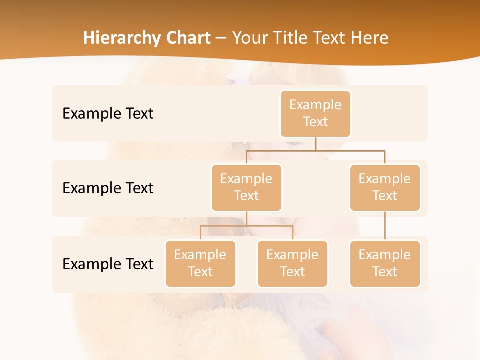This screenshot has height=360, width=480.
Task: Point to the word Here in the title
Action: coord(370,38)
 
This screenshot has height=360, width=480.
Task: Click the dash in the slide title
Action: coord(221,38)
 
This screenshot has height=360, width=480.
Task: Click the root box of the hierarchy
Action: coord(315,114)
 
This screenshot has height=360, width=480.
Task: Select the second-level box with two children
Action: coord(246,188)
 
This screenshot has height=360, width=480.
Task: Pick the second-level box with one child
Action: coord(385,188)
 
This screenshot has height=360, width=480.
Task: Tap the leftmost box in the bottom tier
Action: coord(200,264)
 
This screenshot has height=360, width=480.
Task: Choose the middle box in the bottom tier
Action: coord(292,264)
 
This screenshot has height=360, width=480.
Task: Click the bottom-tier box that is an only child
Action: coord(385,264)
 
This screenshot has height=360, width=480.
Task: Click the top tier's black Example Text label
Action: coord(108,114)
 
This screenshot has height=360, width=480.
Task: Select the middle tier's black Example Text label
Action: coord(108,188)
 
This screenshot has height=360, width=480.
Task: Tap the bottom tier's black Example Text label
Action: coord(108,264)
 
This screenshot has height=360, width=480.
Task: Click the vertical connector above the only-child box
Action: coord(385,226)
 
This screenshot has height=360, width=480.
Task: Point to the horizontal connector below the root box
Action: coord(315,150)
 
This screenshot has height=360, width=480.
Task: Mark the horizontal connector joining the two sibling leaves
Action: coord(246,226)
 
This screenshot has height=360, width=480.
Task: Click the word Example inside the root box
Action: coord(315,105)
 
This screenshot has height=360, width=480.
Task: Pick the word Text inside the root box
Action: coord(315,122)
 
